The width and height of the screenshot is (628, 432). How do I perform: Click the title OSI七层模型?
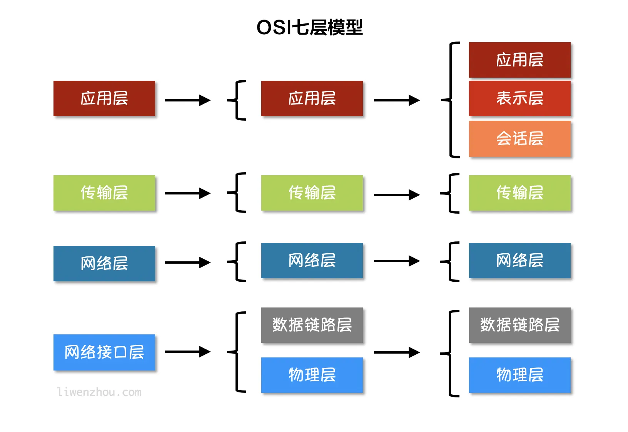(x=309, y=27)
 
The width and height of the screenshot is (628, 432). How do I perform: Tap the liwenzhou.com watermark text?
(x=99, y=392)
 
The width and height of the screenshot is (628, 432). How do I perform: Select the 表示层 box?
(x=519, y=98)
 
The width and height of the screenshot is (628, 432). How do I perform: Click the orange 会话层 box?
(x=519, y=138)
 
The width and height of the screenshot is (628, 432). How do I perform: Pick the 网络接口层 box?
(x=104, y=352)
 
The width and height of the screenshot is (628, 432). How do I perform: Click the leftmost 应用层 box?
(x=104, y=98)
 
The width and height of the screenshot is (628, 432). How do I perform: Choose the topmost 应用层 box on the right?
(x=519, y=60)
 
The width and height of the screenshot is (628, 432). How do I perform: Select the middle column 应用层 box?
(x=312, y=98)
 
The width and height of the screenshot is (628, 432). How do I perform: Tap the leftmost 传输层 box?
(x=104, y=193)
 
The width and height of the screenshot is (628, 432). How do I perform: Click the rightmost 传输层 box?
(x=519, y=193)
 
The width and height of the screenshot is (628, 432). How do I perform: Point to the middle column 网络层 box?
(x=312, y=260)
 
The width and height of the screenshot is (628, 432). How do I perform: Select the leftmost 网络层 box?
(x=104, y=263)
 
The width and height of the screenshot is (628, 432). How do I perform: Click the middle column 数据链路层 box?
(x=312, y=325)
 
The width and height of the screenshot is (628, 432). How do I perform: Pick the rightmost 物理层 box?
(x=519, y=375)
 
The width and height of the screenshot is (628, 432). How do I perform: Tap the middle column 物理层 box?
(x=312, y=375)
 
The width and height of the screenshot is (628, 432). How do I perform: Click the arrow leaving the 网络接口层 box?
(x=187, y=352)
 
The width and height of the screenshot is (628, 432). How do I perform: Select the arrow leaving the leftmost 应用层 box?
(x=187, y=100)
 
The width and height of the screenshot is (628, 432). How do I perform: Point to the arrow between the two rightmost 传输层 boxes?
(x=396, y=195)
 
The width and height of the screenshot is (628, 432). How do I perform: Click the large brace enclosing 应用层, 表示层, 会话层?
(x=451, y=100)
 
